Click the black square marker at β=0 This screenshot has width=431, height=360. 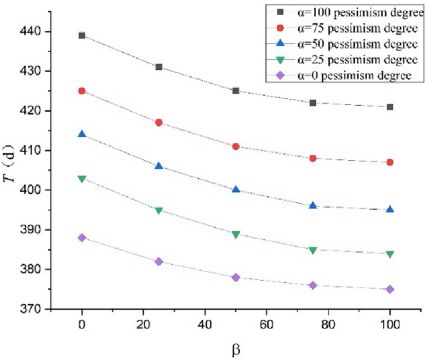[x=82, y=35]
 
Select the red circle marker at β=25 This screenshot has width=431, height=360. [x=159, y=123]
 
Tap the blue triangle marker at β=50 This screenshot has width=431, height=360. [x=236, y=189]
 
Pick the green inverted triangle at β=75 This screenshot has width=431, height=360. [x=313, y=250]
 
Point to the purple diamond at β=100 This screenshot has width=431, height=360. [x=390, y=290]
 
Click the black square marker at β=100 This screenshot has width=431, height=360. [x=390, y=107]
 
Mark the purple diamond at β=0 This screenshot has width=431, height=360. [x=82, y=238]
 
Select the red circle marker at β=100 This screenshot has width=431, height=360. [x=390, y=162]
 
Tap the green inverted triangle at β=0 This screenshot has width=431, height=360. [x=82, y=179]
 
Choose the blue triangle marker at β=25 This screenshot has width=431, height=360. [x=159, y=166]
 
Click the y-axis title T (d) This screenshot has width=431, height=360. [x=11, y=171]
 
